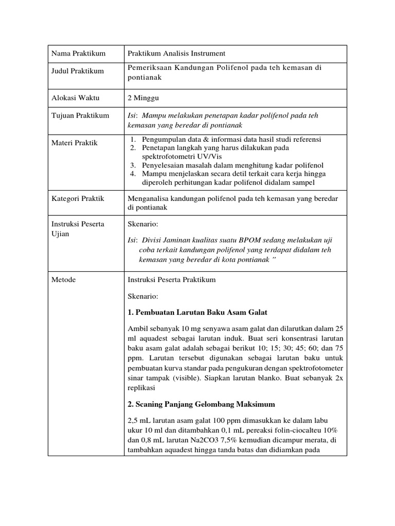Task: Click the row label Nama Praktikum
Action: [x=78, y=53]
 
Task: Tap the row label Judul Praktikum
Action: [x=77, y=71]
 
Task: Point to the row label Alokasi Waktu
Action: [x=76, y=97]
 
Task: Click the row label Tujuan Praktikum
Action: [x=80, y=116]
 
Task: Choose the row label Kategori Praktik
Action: [x=78, y=198]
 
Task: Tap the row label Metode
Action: [x=63, y=280]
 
